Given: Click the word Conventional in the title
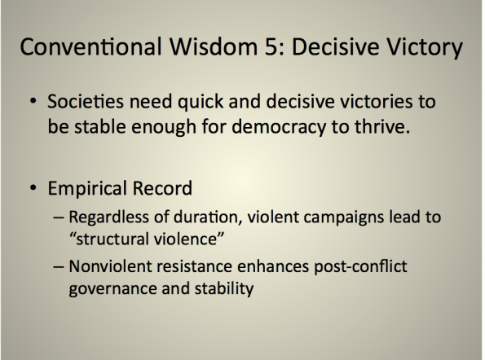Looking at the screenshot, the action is click(90, 46).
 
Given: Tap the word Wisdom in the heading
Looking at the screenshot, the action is click(213, 46).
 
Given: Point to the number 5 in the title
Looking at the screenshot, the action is click(271, 46).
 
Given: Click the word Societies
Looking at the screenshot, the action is click(86, 101).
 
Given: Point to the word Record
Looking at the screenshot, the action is click(162, 188).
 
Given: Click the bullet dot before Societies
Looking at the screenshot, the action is click(33, 101).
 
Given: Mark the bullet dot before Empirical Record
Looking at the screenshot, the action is click(33, 187).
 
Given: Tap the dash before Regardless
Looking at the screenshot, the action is click(59, 217).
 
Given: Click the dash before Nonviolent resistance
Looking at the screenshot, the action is click(59, 266).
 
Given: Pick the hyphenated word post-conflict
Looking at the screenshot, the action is click(360, 266).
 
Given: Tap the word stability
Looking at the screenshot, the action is click(224, 288).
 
